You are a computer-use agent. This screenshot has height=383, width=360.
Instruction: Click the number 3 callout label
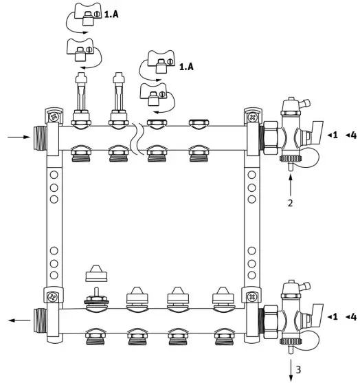click(x=299, y=370)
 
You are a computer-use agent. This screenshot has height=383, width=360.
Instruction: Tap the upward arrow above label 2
click(x=291, y=184)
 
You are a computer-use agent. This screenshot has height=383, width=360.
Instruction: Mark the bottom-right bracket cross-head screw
click(x=252, y=297)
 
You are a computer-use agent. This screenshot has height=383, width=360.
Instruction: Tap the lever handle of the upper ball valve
click(x=317, y=127)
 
